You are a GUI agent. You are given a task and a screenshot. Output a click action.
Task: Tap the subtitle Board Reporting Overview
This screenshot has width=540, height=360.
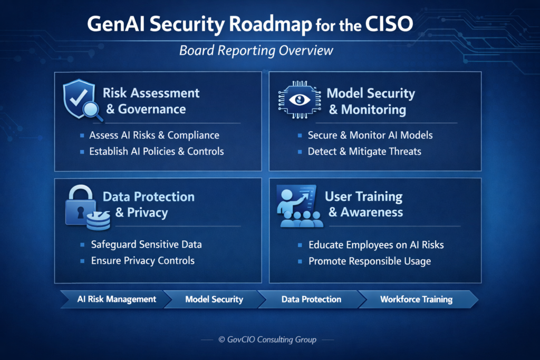(x=256, y=51)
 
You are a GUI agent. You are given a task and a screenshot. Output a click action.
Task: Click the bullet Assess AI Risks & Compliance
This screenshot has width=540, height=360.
(x=154, y=135)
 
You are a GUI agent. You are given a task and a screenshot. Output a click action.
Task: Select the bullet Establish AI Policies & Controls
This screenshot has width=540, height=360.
(x=156, y=151)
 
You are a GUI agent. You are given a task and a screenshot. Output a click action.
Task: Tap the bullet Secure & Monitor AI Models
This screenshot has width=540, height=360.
(x=370, y=135)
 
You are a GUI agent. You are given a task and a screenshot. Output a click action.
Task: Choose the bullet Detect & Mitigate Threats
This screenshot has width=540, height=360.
(x=364, y=151)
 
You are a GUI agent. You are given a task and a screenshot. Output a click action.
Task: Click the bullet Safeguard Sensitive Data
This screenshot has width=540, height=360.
(x=146, y=245)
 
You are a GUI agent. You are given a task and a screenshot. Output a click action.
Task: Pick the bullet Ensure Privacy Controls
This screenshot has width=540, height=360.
(x=142, y=260)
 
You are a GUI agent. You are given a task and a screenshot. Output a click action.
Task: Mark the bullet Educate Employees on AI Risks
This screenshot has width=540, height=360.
(x=376, y=245)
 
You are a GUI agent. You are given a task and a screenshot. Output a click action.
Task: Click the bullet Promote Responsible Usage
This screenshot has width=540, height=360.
(x=370, y=261)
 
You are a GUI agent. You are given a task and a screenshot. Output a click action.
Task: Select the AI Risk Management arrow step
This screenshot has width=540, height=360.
(x=116, y=299)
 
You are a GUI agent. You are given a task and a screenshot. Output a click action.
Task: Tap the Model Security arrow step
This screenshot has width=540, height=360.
(x=214, y=299)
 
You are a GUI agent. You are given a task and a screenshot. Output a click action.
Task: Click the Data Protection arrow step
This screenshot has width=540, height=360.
(x=311, y=299)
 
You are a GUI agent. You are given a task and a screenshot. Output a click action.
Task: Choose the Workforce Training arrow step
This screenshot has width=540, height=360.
(x=416, y=299)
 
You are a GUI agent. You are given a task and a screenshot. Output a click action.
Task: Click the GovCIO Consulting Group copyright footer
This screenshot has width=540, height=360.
(x=267, y=340)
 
